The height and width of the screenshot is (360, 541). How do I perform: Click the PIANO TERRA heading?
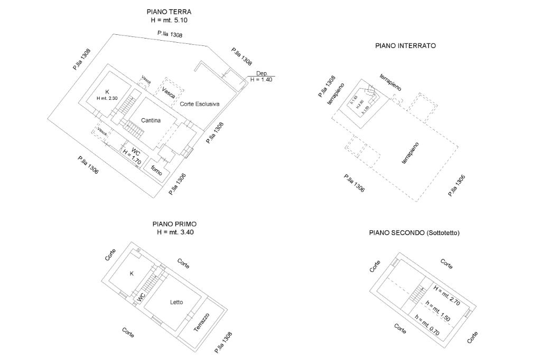pyautogui.click(x=169, y=12)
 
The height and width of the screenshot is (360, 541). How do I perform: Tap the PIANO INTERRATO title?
pyautogui.click(x=405, y=46)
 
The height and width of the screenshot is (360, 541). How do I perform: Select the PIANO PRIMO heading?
pyautogui.click(x=174, y=224)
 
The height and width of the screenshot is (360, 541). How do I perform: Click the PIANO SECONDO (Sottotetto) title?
pyautogui.click(x=414, y=232)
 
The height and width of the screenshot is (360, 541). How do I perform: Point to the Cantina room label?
pyautogui.click(x=151, y=120)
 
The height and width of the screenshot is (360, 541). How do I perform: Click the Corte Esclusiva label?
pyautogui.click(x=199, y=104)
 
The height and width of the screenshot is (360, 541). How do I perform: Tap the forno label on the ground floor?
pyautogui.click(x=156, y=170)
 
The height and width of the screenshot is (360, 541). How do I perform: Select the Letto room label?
pyautogui.click(x=176, y=302)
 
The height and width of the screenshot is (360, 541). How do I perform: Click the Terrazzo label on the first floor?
pyautogui.click(x=201, y=322)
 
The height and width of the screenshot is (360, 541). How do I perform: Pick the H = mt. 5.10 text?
pyautogui.click(x=169, y=21)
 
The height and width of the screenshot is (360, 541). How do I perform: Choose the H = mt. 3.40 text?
pyautogui.click(x=175, y=233)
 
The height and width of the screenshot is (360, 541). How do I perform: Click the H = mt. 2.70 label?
pyautogui.click(x=447, y=296)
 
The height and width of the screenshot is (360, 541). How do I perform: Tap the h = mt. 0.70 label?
pyautogui.click(x=427, y=325)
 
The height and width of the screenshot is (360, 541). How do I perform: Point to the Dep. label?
pyautogui.click(x=262, y=73)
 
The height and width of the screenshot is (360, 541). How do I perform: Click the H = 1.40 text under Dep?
pyautogui.click(x=262, y=80)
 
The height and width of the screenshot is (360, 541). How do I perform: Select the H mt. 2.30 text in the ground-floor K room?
pyautogui.click(x=107, y=98)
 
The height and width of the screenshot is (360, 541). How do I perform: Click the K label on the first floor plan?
pyautogui.click(x=132, y=273)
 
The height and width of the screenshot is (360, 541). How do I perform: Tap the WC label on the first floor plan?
pyautogui.click(x=141, y=298)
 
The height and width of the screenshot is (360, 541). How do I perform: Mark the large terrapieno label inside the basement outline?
pyautogui.click(x=410, y=153)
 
